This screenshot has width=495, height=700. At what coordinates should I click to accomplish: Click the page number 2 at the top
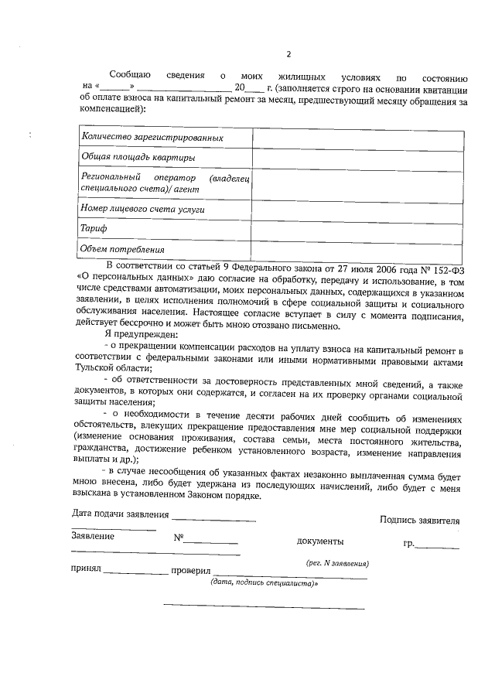coord(288,54)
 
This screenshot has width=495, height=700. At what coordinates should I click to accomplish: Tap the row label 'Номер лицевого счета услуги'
coord(142,209)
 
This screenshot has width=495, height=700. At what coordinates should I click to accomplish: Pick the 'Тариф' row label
coord(94,229)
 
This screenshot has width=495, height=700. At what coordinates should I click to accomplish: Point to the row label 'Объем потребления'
coord(123,249)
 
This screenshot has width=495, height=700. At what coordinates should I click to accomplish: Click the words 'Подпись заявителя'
coord(420,521)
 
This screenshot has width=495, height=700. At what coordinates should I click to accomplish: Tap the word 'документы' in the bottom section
coord(320,542)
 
